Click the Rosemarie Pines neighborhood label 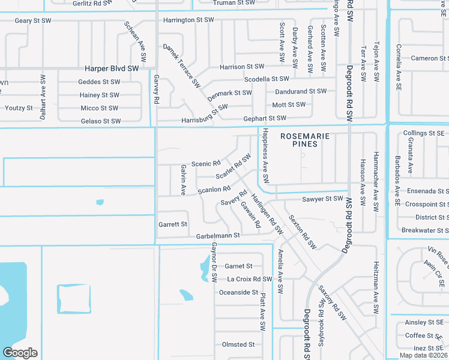point(305,140)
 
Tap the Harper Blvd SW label point(112,69)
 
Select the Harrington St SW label point(188,20)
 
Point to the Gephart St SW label point(267,119)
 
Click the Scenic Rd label point(206,163)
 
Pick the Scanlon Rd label point(214,190)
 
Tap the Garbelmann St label point(217,236)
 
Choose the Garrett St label point(173,224)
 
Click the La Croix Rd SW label point(250,279)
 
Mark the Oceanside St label point(238,292)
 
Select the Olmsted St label point(238,344)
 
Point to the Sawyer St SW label point(322,199)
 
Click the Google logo point(20,353)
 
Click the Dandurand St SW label point(301,91)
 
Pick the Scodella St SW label point(267,79)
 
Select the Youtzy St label point(19,108)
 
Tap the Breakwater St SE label point(424,230)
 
